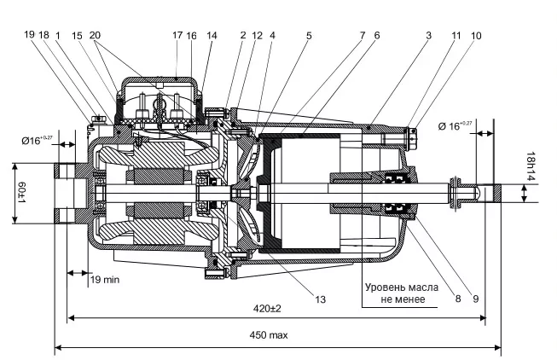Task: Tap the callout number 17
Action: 177,35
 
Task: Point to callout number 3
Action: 429,35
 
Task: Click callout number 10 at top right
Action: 476,35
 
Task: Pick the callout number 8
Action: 457,299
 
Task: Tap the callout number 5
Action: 309,35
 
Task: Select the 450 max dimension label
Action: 268,335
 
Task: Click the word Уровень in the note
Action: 386,287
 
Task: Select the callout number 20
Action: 95,35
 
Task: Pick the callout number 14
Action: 212,35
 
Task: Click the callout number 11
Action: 456,35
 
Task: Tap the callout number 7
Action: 363,35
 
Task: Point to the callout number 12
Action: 258,35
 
